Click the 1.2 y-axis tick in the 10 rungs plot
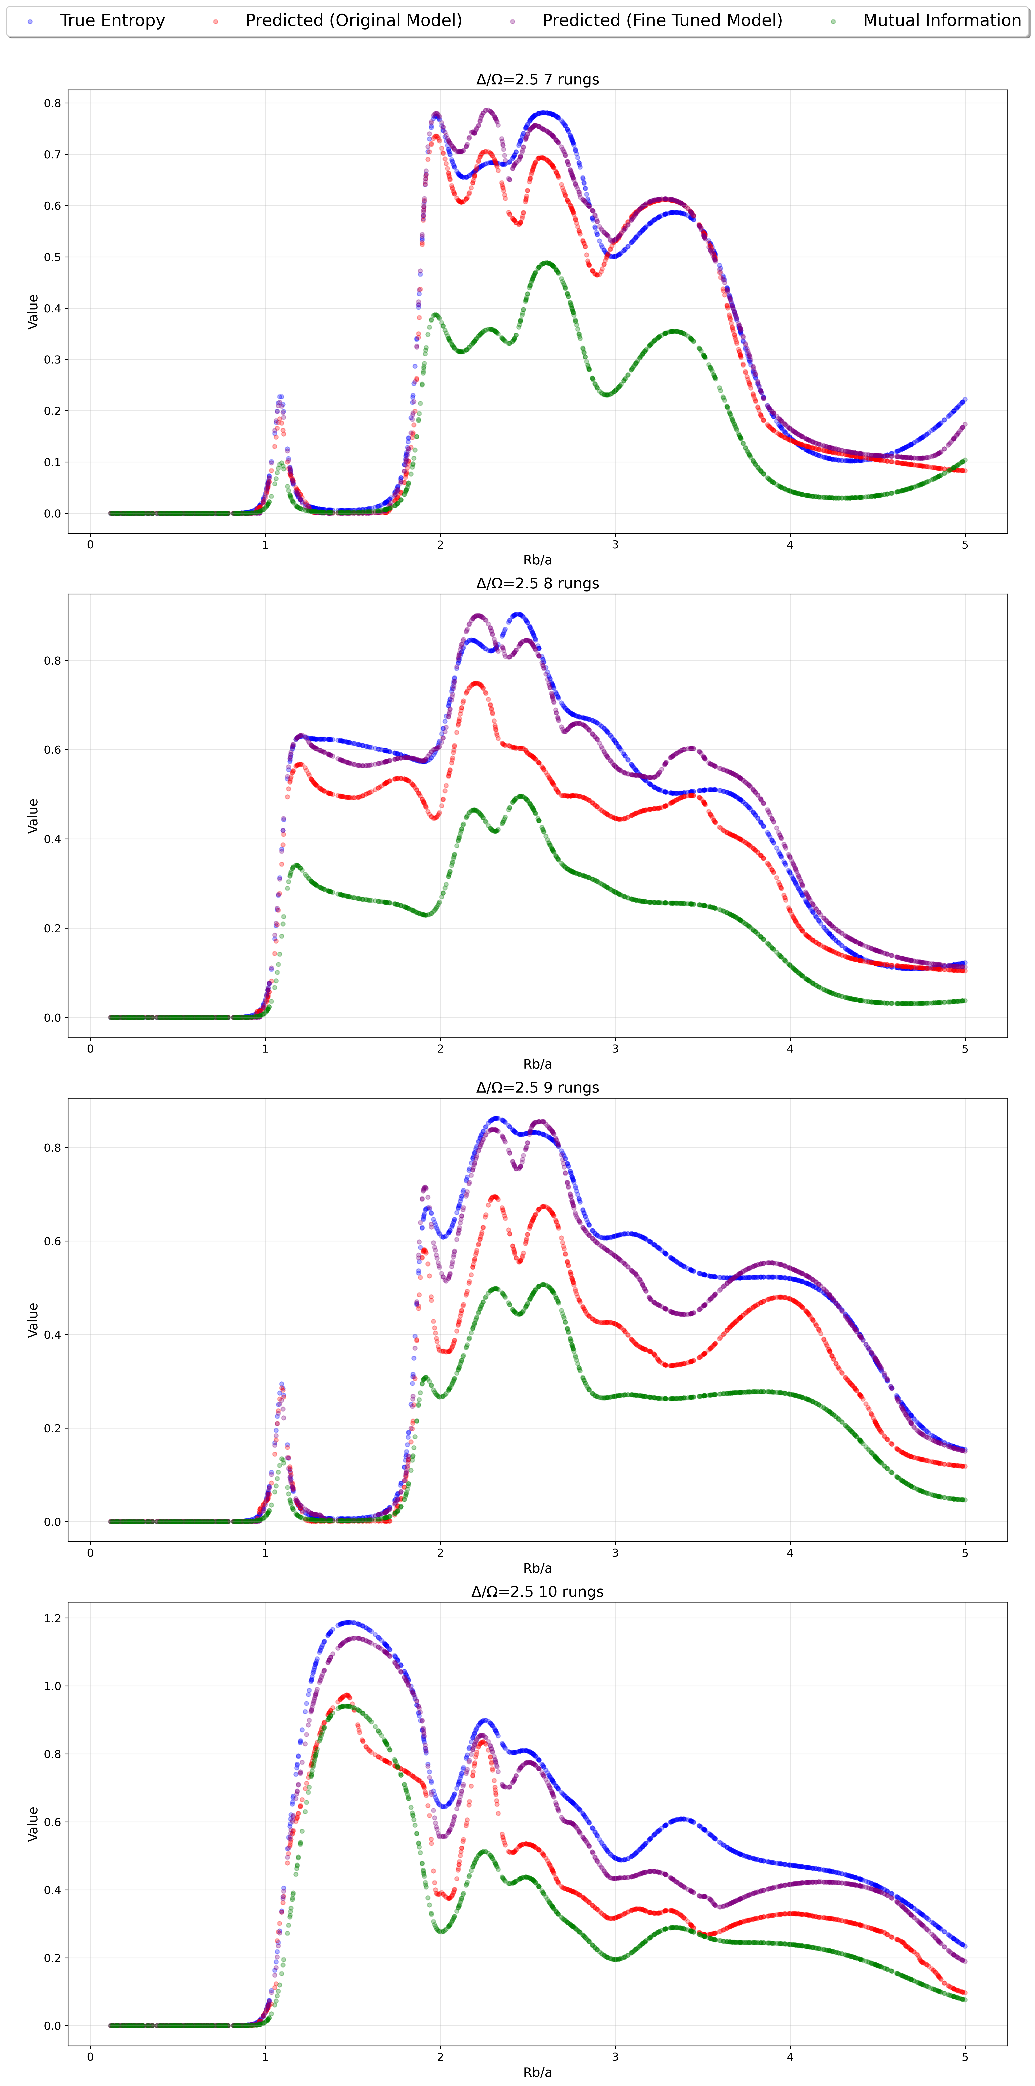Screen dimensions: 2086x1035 pos(52,1618)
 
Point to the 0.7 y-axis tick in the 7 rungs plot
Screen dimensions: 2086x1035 pos(52,155)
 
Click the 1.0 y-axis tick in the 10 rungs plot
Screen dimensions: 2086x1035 pos(52,1686)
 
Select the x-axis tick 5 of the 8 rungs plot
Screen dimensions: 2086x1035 pos(965,1049)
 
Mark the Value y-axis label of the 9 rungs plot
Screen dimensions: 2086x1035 pos(33,1320)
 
